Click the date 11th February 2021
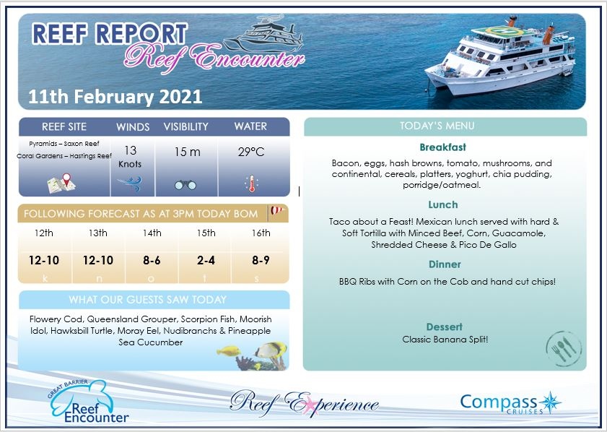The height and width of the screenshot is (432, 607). (x=115, y=96)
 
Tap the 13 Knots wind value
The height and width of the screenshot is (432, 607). (x=130, y=156)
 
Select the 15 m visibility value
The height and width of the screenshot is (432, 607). (x=186, y=152)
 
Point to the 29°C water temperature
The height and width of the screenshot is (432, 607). (x=251, y=152)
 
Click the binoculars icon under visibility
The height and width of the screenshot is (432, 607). (x=185, y=184)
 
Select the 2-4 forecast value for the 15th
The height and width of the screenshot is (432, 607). (x=206, y=260)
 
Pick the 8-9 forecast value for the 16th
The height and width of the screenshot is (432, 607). (x=261, y=260)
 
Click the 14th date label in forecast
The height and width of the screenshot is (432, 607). (x=152, y=233)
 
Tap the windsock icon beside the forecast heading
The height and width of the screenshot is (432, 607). (x=277, y=212)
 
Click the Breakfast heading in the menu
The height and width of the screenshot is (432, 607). (x=442, y=147)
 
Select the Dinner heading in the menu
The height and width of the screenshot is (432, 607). (x=444, y=264)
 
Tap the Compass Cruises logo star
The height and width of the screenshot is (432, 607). (x=551, y=402)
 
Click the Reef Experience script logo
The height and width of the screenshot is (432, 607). (x=303, y=402)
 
